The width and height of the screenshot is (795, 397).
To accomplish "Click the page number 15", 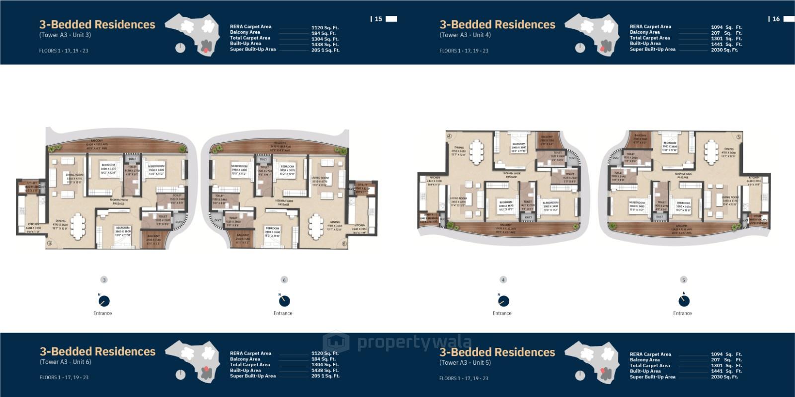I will pos(379,19).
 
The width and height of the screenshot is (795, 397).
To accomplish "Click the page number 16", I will pos(776,19).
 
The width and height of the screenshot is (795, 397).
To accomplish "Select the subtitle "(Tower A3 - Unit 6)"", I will pos(65,362).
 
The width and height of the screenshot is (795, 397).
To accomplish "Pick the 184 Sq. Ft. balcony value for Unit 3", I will pos(323,33).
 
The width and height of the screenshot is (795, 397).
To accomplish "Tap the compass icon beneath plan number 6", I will pos(284,300).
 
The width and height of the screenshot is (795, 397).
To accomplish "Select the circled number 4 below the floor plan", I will pos(503,280).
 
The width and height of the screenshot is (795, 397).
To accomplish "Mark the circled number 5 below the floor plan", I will pos(684,280).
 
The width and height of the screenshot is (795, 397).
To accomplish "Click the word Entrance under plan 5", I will pos(682,313).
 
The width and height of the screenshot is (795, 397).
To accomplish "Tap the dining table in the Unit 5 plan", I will pos(711,148).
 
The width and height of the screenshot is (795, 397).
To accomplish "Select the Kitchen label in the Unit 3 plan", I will pos(33,224).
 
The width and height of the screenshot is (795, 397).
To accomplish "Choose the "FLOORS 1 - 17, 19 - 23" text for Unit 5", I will pos(464,378).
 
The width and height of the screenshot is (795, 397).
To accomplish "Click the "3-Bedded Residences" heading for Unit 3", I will pos(97,24).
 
